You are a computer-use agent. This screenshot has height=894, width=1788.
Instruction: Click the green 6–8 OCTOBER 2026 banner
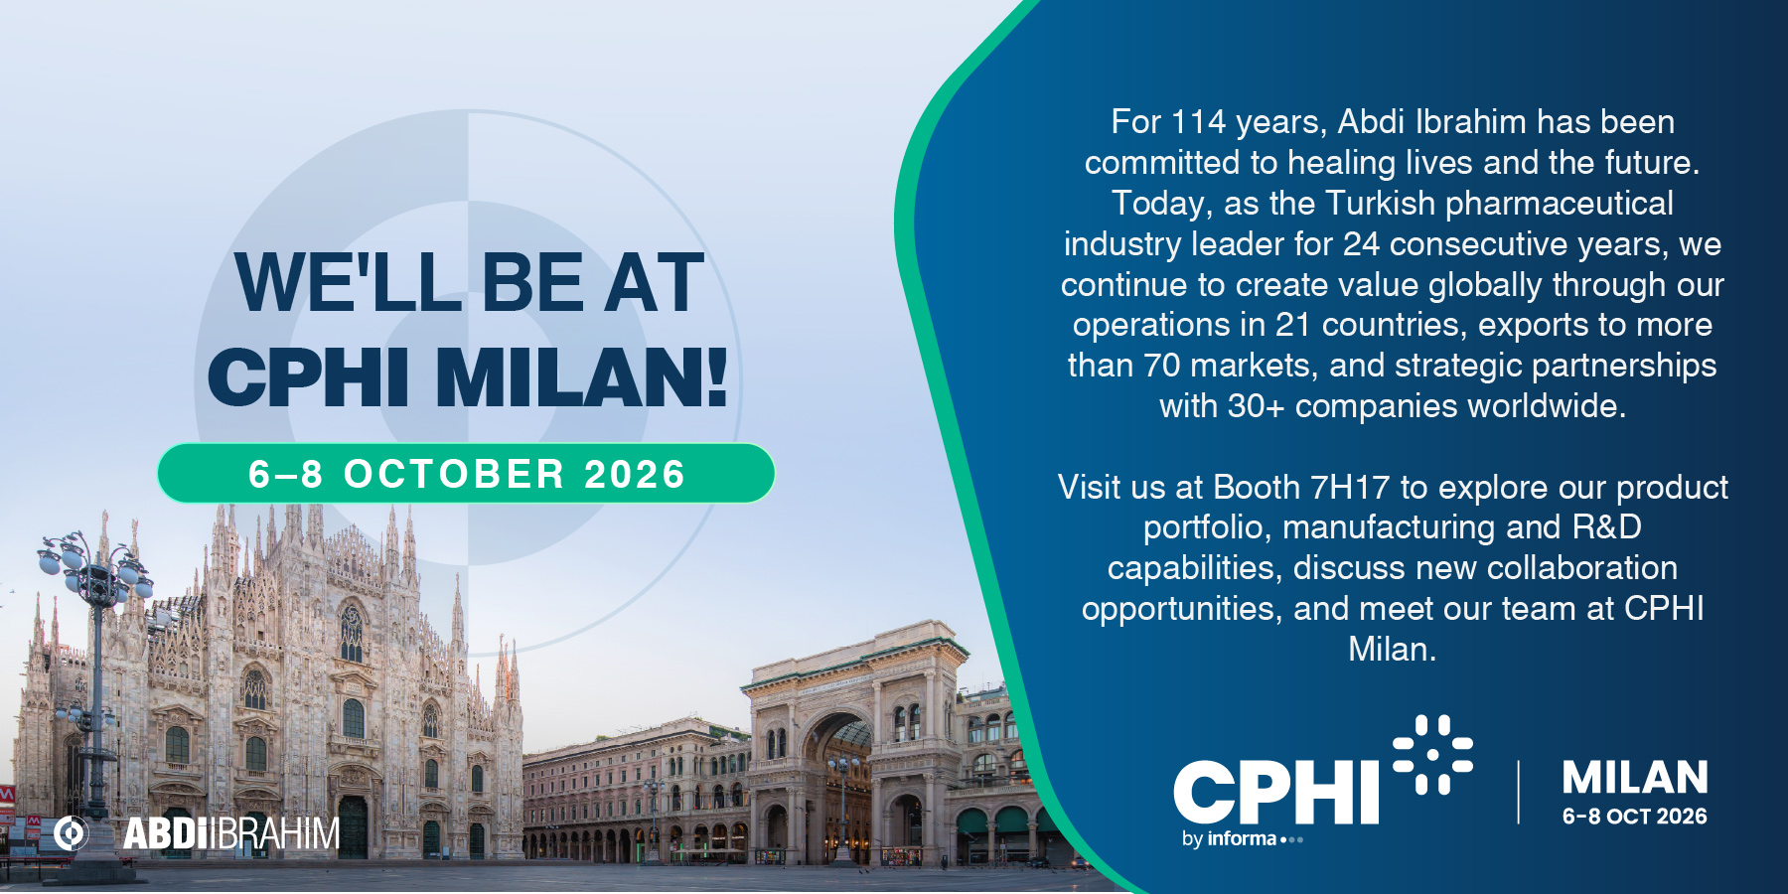click(466, 473)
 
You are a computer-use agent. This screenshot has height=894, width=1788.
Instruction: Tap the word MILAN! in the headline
click(582, 377)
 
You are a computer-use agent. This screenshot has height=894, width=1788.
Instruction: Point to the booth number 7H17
click(1350, 487)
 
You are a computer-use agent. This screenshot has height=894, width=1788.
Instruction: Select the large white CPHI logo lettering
click(1276, 792)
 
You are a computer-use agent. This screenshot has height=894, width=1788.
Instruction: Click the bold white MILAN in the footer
click(1635, 778)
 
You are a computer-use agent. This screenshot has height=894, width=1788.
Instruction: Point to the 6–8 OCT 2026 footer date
click(1635, 817)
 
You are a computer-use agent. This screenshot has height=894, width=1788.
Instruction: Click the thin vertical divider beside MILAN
click(1519, 792)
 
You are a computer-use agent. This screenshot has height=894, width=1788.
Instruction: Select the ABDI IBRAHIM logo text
click(231, 833)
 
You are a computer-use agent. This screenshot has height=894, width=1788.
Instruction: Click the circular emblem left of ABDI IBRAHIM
click(71, 833)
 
